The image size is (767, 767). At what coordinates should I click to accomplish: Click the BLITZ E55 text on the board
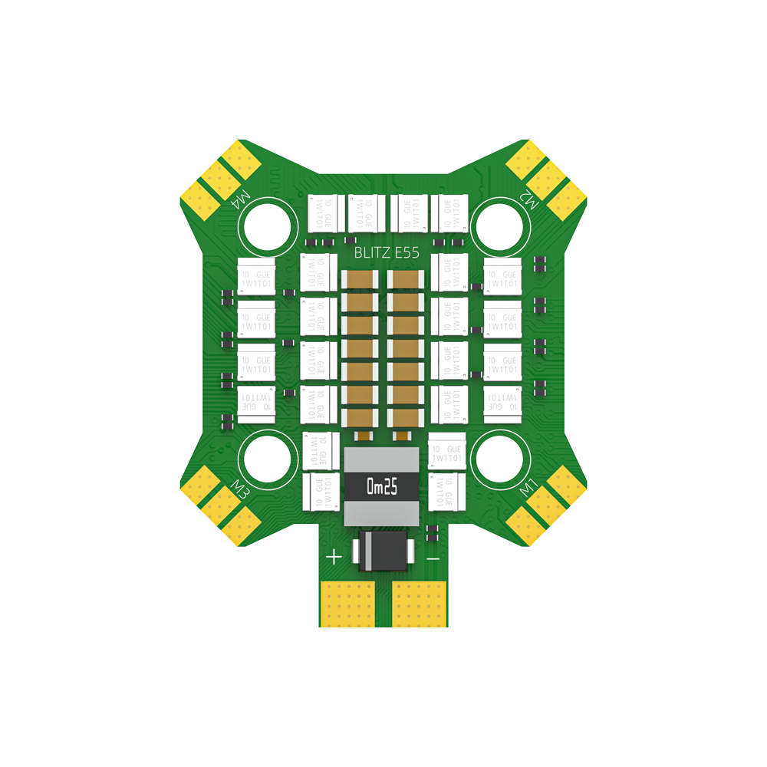tap(387, 252)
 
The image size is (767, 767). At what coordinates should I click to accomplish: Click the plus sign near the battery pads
tap(334, 557)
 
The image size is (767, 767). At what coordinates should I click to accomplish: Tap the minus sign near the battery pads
tap(433, 558)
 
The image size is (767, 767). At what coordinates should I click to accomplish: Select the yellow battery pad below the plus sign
tap(346, 604)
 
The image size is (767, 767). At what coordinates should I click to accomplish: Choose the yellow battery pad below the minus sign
tap(420, 604)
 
